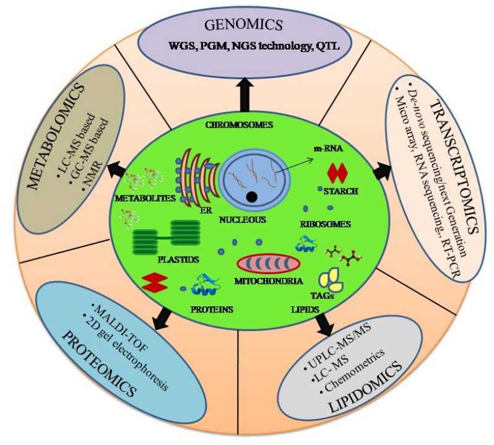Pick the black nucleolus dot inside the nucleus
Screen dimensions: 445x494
(x=251, y=197)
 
